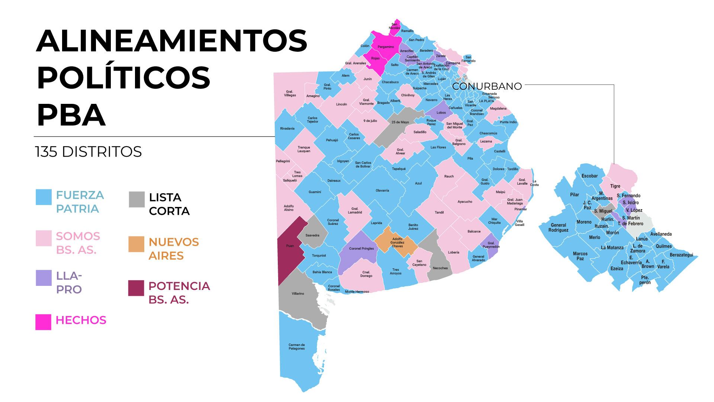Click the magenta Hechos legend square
43,322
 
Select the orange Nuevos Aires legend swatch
136,244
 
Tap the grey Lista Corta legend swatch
136,200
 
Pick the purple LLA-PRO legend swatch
44,278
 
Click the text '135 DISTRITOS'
89,152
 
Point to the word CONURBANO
487,86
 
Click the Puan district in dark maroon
290,246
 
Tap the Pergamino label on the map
386,47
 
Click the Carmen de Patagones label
296,347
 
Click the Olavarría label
382,191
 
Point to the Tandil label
439,213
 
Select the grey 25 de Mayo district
400,122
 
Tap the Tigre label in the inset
615,186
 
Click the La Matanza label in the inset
612,248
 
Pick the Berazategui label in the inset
681,255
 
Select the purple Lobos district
441,112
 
